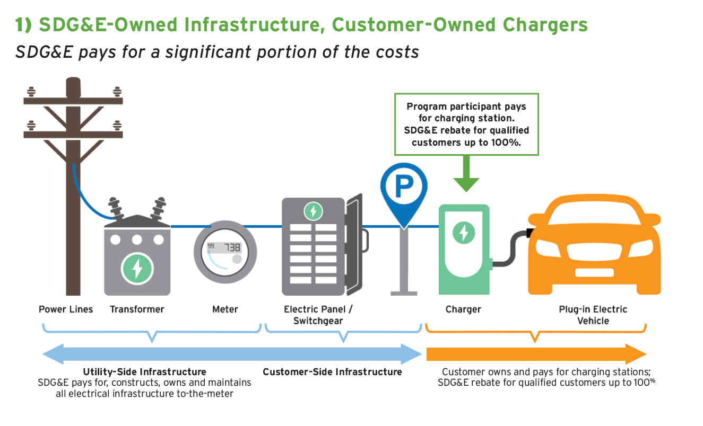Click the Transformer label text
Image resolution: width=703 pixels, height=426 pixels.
[x=137, y=309]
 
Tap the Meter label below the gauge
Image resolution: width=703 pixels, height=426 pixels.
[x=225, y=309]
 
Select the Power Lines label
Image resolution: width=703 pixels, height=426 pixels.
[x=66, y=309]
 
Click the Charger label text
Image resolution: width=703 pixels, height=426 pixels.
[x=463, y=309]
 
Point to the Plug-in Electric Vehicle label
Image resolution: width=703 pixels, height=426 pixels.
[x=593, y=315]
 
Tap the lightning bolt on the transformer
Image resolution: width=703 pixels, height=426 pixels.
[x=137, y=268]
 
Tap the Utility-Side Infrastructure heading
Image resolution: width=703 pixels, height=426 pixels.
[x=144, y=372]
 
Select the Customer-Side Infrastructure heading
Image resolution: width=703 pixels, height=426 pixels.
[x=332, y=372]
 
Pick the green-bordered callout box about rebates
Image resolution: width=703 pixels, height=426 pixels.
[x=466, y=125]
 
